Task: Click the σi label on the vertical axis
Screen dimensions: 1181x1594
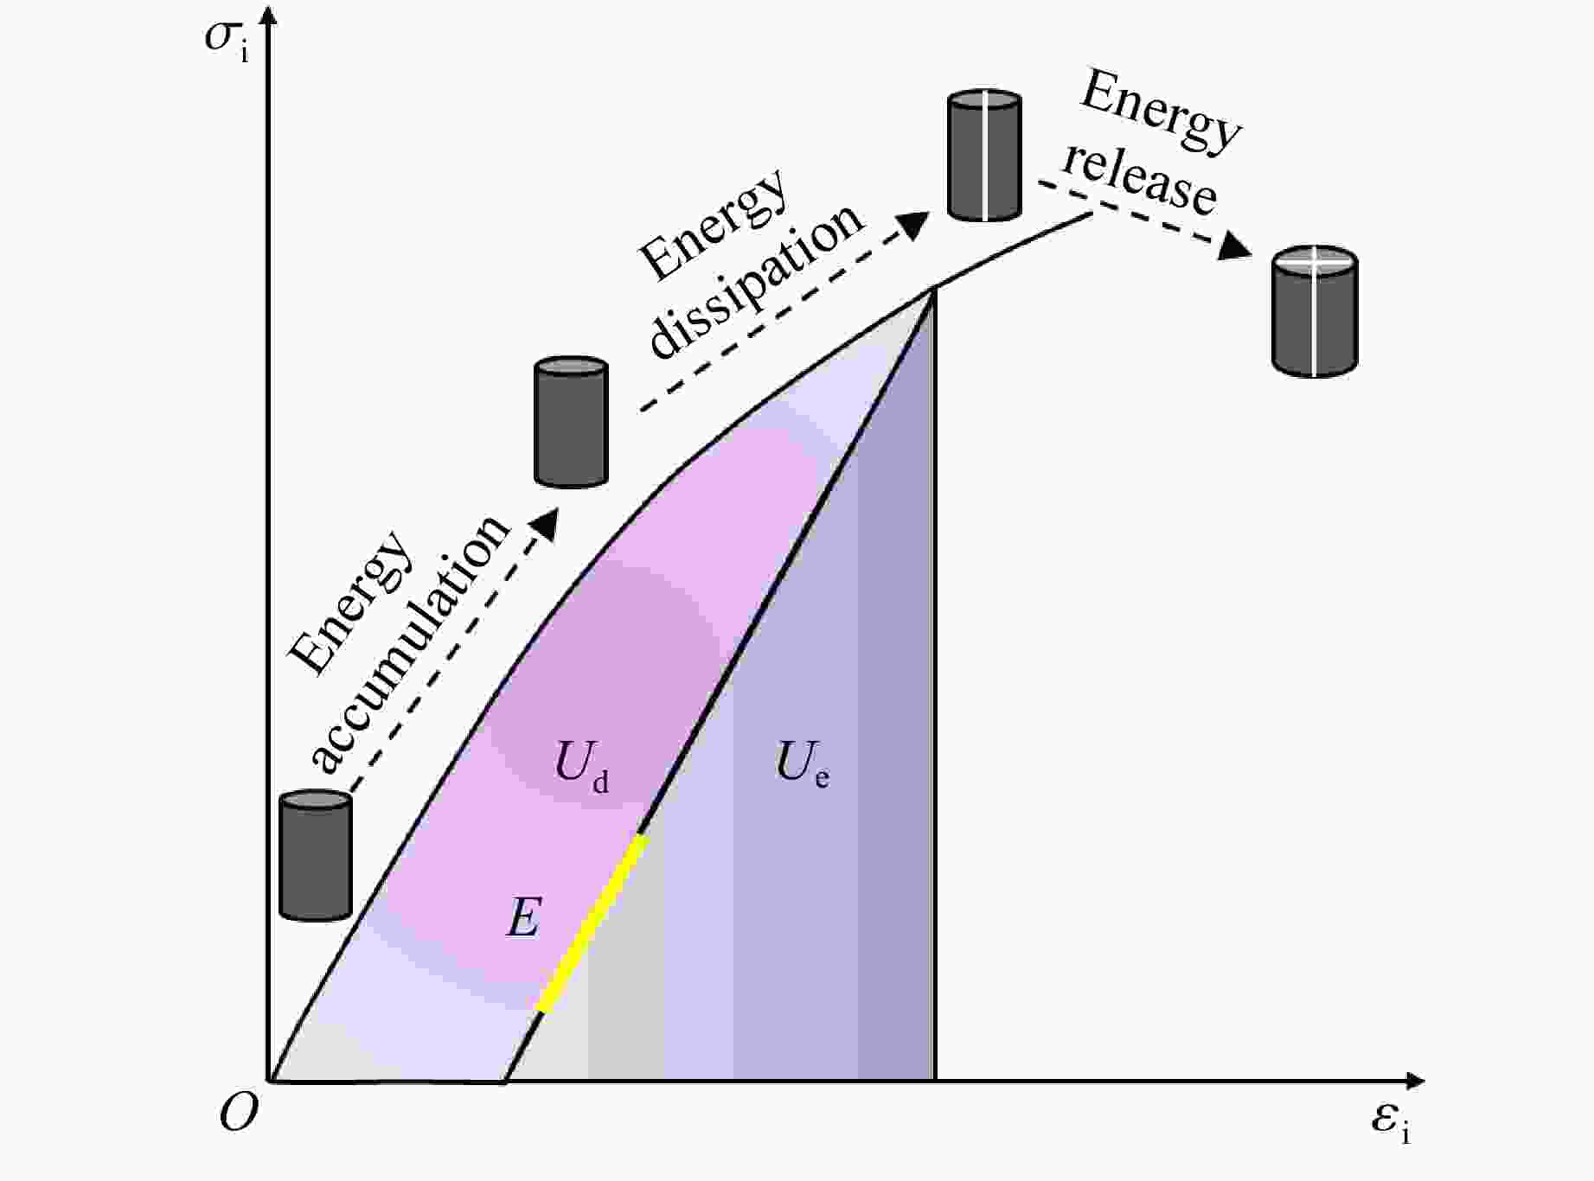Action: [x=227, y=41]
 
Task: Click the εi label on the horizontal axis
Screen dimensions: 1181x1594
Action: [x=1390, y=1123]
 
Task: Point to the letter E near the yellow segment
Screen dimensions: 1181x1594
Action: [x=523, y=918]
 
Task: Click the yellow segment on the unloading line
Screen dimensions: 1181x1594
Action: [x=592, y=922]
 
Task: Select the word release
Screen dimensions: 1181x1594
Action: [x=1140, y=181]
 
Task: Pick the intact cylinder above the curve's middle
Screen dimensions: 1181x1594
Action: [x=571, y=422]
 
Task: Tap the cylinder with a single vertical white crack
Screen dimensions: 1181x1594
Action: [x=984, y=156]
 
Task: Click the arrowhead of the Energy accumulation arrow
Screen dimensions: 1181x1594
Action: [x=545, y=522]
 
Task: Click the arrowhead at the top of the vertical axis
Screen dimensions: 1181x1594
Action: [x=269, y=16]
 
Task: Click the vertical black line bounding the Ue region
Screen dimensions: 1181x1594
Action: [x=935, y=692]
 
